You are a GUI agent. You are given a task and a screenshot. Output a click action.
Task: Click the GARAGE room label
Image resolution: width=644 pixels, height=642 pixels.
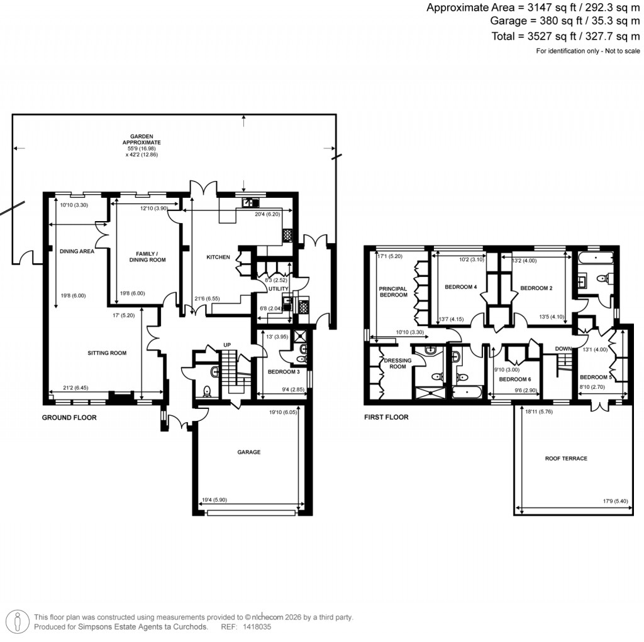click(x=249, y=452)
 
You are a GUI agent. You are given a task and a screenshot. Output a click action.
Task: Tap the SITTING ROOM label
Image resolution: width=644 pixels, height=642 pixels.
click(x=107, y=353)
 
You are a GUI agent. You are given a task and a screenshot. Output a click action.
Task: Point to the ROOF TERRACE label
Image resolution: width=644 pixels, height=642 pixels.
click(x=566, y=459)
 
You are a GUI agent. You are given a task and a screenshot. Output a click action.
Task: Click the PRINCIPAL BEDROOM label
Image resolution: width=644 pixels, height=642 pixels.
click(x=393, y=291)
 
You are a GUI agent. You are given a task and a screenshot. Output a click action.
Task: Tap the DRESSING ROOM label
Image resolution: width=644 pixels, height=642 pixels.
click(x=397, y=363)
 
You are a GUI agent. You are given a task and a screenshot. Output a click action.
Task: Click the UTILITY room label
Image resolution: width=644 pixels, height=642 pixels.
click(x=278, y=288)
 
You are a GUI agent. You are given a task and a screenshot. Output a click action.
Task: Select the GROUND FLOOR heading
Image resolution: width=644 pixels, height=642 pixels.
click(x=69, y=417)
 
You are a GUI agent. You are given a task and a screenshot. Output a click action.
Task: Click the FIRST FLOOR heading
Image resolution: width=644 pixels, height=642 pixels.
click(x=386, y=417)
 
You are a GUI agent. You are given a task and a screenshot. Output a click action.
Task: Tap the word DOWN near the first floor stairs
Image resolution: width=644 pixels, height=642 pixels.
click(x=562, y=349)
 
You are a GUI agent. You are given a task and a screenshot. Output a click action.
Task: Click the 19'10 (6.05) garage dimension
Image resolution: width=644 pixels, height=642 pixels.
click(x=280, y=413)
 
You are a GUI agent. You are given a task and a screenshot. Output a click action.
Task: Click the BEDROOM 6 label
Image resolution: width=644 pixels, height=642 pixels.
click(x=515, y=379)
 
